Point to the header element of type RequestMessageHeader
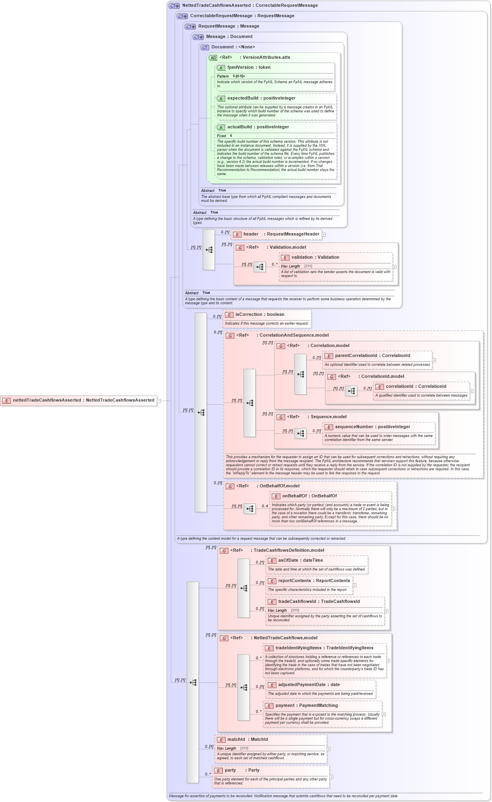point(281,234)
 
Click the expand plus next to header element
point(324,235)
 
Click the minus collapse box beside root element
point(159,401)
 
